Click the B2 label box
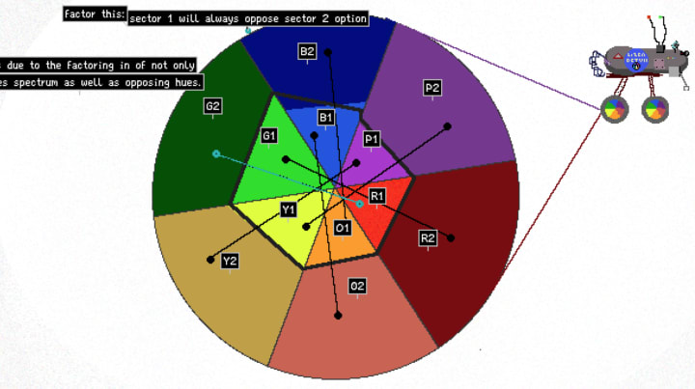click(308, 51)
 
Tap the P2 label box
click(431, 89)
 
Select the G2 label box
click(213, 106)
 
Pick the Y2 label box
click(230, 261)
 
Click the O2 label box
click(357, 287)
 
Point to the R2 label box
click(429, 237)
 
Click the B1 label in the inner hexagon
click(325, 118)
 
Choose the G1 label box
click(269, 136)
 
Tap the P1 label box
click(372, 140)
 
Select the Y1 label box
click(289, 209)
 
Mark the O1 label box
click(342, 228)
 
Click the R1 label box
click(377, 196)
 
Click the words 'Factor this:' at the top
click(94, 14)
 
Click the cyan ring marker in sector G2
click(216, 153)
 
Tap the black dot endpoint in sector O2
click(338, 315)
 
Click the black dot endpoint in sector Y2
click(210, 259)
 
